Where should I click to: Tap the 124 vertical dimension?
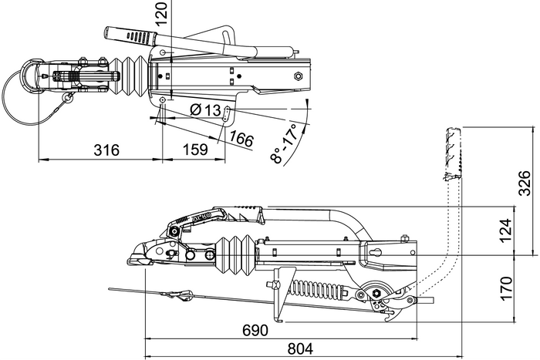coord(505,230)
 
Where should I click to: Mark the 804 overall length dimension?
coord(295,348)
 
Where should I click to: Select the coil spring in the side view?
coord(316,291)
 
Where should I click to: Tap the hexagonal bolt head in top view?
coord(297,76)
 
